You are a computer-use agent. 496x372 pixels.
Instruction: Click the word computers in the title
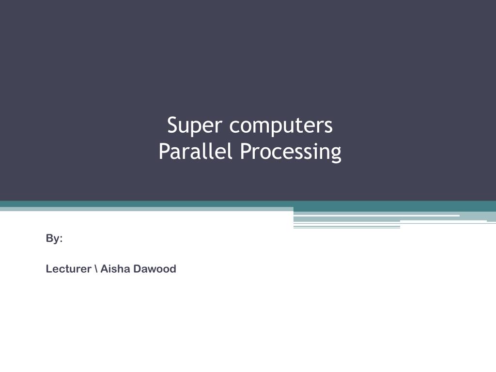281,126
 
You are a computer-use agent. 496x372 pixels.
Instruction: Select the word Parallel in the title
196,152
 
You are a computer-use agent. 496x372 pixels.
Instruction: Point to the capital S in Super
172,125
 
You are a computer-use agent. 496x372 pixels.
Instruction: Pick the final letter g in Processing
336,154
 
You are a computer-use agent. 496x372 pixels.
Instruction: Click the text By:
54,239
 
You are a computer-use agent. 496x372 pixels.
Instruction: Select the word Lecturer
68,269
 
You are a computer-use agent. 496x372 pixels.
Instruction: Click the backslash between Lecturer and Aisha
96,269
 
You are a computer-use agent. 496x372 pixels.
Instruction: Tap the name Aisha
115,269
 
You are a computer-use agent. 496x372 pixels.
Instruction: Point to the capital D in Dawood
137,269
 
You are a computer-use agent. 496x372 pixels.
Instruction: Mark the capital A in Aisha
104,269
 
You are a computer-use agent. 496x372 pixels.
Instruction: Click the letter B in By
49,238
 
